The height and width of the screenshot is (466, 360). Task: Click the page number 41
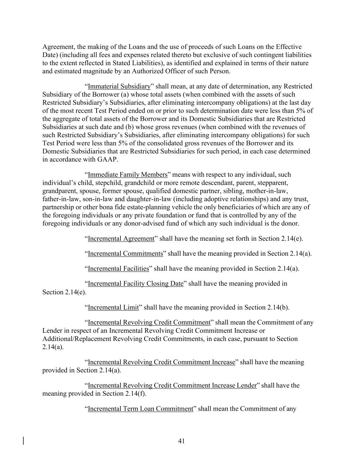(x=181, y=441)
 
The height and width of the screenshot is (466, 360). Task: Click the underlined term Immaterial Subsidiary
(x=119, y=86)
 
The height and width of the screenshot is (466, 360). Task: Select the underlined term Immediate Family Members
(x=128, y=175)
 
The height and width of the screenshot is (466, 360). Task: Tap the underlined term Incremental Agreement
(x=121, y=239)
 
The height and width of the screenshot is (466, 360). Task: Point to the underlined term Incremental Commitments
(x=125, y=254)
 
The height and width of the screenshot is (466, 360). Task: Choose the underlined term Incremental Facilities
(x=118, y=269)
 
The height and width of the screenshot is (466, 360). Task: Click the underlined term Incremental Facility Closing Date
(x=135, y=284)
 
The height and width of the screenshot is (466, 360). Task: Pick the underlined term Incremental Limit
(x=113, y=308)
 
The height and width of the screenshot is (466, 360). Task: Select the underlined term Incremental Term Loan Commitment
(x=141, y=409)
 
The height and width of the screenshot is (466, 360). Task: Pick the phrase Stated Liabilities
(x=138, y=63)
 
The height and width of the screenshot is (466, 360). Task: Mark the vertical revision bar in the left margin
(x=24, y=441)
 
